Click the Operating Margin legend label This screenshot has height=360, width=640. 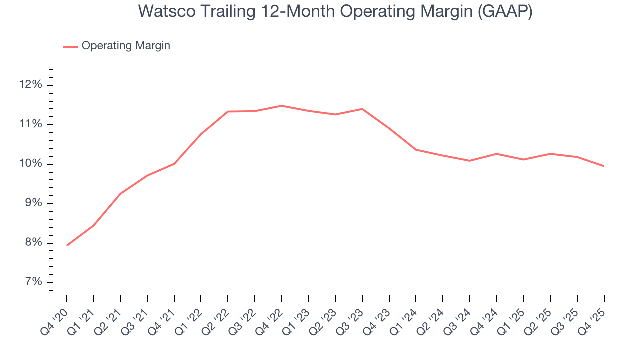pyautogui.click(x=126, y=46)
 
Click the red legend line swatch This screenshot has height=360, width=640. pyautogui.click(x=70, y=46)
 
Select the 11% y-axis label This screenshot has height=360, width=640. pyautogui.click(x=30, y=124)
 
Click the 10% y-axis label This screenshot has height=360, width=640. pyautogui.click(x=30, y=164)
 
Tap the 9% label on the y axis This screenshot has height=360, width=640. pyautogui.click(x=32, y=203)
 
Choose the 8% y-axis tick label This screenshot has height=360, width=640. pyautogui.click(x=32, y=243)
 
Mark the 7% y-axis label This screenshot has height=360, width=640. pyautogui.click(x=32, y=282)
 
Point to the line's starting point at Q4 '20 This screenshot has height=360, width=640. pyautogui.click(x=67, y=245)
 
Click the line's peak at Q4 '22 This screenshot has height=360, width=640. pyautogui.click(x=282, y=106)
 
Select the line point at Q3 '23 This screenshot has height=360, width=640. pyautogui.click(x=362, y=109)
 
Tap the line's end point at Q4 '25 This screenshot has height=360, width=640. pyautogui.click(x=604, y=166)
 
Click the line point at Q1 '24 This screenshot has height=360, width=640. pyautogui.click(x=416, y=150)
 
